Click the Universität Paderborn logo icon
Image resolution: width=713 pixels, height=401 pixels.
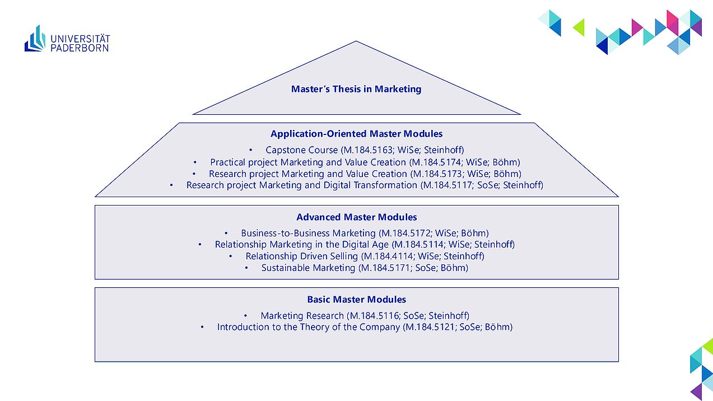click(35, 39)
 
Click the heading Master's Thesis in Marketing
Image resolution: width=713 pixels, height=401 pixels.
click(356, 89)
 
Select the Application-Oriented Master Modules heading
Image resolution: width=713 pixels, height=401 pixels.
click(356, 134)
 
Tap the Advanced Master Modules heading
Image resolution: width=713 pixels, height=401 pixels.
click(356, 217)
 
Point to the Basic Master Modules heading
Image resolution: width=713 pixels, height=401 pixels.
click(356, 300)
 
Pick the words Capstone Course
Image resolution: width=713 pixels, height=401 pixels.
click(302, 150)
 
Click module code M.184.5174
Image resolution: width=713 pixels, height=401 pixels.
click(436, 162)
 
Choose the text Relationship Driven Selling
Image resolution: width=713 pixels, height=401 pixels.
click(302, 256)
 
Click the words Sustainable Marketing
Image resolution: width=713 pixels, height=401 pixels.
click(308, 268)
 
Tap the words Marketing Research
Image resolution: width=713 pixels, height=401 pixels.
click(302, 316)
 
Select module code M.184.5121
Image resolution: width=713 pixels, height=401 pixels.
click(430, 327)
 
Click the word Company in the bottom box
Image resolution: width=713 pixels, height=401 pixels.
click(379, 328)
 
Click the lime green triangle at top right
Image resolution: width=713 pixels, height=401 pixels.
click(579, 27)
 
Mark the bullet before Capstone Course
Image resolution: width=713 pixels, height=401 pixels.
click(251, 150)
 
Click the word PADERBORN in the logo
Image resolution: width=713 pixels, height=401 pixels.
click(80, 48)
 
